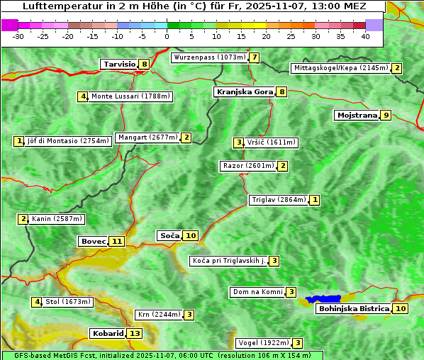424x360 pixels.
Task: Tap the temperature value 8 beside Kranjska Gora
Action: [281, 91]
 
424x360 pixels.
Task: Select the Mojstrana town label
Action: [357, 115]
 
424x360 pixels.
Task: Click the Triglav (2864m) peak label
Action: [279, 200]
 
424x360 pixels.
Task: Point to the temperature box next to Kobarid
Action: [135, 333]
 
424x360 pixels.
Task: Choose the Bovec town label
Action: [93, 241]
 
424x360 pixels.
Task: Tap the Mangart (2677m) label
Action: [147, 137]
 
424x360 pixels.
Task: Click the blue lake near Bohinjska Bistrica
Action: [323, 299]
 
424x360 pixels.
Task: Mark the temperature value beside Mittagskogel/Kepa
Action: [397, 68]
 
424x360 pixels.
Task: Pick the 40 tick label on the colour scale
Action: [365, 36]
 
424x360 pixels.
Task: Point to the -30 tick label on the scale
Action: [18, 36]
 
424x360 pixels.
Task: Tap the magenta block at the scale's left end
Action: [10, 25]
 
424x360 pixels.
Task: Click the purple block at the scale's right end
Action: [374, 25]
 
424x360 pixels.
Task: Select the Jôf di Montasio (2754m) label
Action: [67, 141]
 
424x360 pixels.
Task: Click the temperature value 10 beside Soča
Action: [191, 235]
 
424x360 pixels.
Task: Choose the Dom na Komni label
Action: [257, 292]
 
